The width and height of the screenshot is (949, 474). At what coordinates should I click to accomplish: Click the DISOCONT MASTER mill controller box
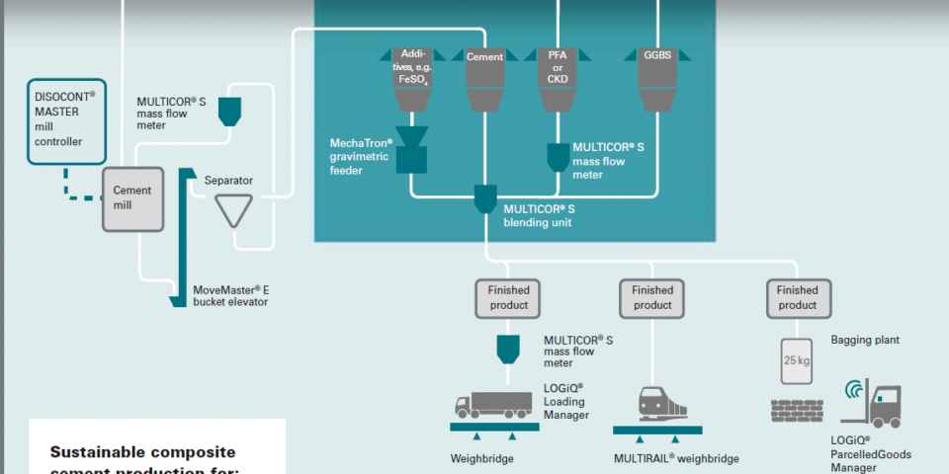point(65,119)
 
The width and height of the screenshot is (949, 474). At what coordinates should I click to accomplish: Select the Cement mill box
point(131,197)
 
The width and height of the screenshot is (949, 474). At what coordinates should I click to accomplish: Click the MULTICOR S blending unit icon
point(484,198)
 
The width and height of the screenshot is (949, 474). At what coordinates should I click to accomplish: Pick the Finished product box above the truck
point(508,297)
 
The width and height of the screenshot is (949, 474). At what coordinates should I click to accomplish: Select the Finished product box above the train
point(652,297)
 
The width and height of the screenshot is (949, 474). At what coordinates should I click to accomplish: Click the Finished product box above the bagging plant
point(797,297)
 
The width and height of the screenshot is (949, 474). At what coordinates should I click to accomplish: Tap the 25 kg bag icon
point(796,361)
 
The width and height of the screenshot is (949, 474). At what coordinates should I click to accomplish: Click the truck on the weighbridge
point(492,405)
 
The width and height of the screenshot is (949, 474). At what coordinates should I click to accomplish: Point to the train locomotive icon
point(657,405)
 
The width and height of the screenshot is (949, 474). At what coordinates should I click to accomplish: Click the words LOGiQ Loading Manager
point(565,401)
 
